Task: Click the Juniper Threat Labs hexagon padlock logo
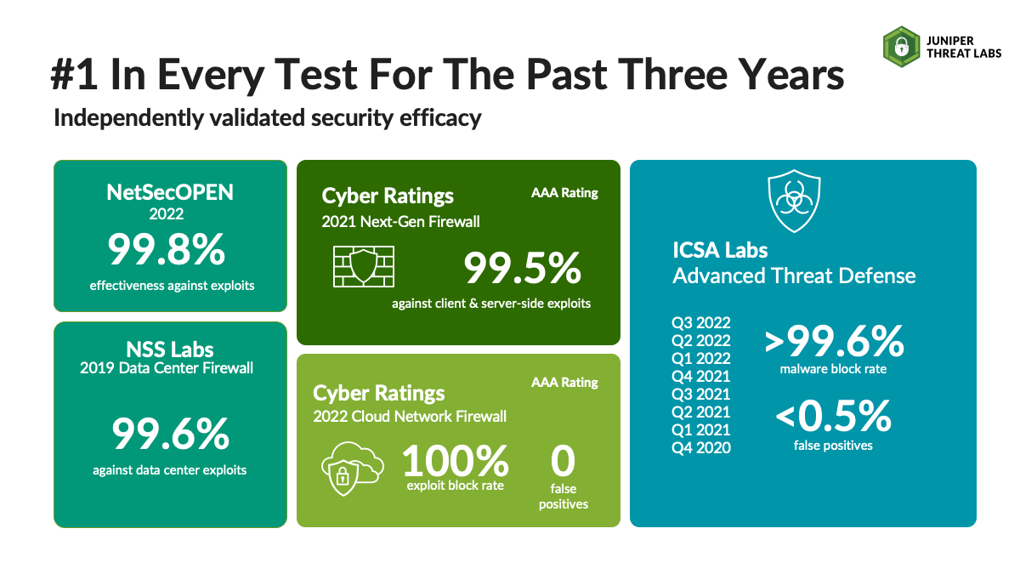coord(901,47)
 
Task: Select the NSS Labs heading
coord(170,350)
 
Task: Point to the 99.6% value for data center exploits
coord(170,434)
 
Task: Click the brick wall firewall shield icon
coord(364,266)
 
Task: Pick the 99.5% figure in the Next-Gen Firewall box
coord(522,268)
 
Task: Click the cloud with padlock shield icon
coord(353,469)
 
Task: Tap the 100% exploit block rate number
coord(456,461)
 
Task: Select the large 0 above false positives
coord(563,461)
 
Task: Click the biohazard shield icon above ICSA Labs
coord(794,201)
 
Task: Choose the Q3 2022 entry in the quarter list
coord(700,322)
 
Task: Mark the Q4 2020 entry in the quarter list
coord(700,448)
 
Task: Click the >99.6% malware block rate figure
coord(834,341)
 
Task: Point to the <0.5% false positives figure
coord(833,416)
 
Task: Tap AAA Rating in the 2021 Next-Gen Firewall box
coord(564,193)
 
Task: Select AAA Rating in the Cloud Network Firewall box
coord(564,382)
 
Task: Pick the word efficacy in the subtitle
coord(440,118)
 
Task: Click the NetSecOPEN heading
coord(170,192)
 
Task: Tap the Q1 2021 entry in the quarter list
coord(700,429)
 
